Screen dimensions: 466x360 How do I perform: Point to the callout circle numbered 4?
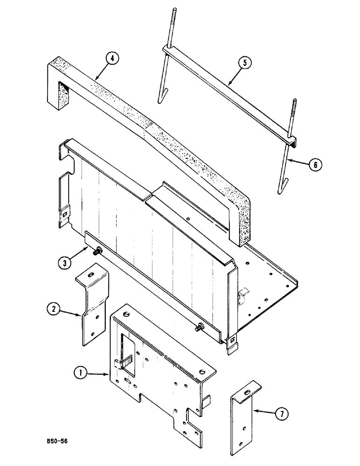pyautogui.click(x=112, y=60)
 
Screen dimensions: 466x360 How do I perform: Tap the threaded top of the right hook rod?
pyautogui.click(x=294, y=116)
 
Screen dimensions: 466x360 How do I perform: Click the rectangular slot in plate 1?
pyautogui.click(x=126, y=347)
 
